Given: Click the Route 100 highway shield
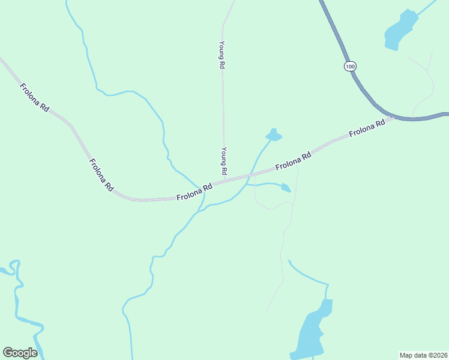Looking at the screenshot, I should tap(351, 65).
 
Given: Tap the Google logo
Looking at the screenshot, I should tap(20, 353).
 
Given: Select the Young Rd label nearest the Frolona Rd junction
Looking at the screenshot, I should tap(223, 161).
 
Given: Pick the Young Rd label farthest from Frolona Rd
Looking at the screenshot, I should tap(221, 55).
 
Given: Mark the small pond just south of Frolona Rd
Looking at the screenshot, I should tap(285, 188).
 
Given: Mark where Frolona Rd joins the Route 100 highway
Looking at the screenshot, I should tap(392, 116).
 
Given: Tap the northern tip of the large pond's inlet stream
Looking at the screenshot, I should tap(289, 261).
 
